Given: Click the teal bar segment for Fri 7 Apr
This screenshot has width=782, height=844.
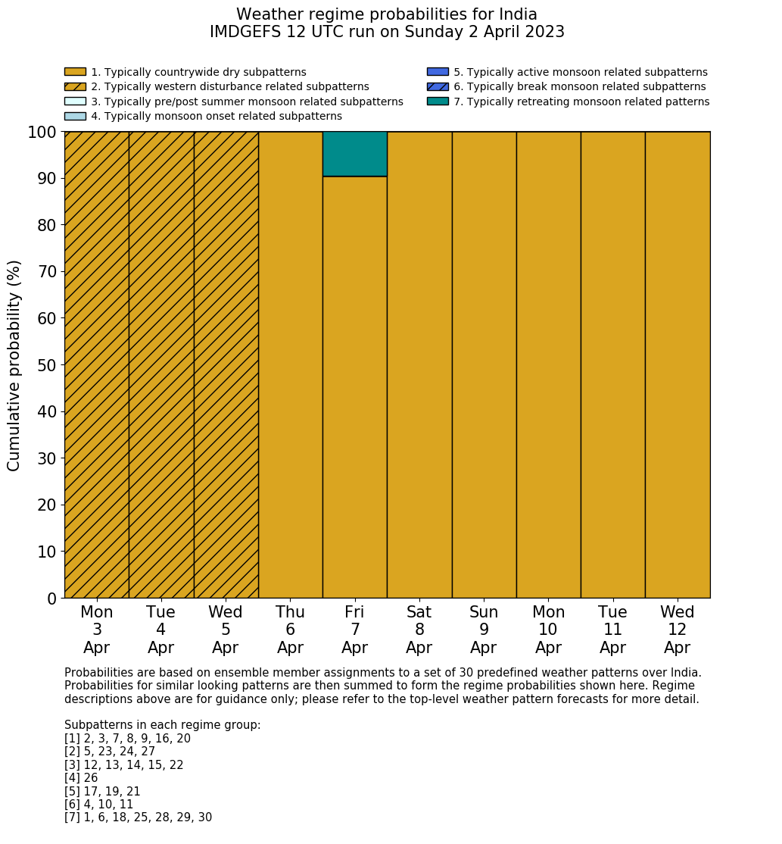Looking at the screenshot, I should pyautogui.click(x=355, y=154).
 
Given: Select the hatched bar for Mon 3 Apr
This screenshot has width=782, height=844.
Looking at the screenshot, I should pyautogui.click(x=96, y=364).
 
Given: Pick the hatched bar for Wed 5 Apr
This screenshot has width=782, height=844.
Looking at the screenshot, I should pyautogui.click(x=226, y=364).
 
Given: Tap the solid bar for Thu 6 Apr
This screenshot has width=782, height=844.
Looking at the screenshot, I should pyautogui.click(x=291, y=364).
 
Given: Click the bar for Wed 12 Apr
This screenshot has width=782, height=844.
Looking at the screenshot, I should pyautogui.click(x=678, y=364).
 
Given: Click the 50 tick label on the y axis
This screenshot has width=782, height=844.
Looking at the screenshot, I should pyautogui.click(x=47, y=365).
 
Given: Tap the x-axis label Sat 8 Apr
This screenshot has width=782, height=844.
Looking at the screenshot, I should pyautogui.click(x=419, y=630).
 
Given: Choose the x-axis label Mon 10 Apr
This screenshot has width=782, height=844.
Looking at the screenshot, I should pyautogui.click(x=549, y=630).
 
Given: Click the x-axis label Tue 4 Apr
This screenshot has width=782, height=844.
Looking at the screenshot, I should pyautogui.click(x=160, y=630).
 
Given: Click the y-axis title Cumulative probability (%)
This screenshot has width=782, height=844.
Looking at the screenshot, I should pyautogui.click(x=14, y=365).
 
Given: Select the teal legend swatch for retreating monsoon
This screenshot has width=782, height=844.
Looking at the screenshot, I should pyautogui.click(x=438, y=102).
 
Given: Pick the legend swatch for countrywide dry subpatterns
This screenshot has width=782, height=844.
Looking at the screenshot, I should pyautogui.click(x=75, y=72).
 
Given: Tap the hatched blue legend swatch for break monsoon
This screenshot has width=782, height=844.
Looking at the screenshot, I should pyautogui.click(x=438, y=87).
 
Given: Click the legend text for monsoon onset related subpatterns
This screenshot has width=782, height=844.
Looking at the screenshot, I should pyautogui.click(x=217, y=116).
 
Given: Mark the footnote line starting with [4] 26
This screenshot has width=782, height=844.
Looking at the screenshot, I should pyautogui.click(x=81, y=778).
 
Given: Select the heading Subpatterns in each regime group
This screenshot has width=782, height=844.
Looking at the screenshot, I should pyautogui.click(x=163, y=725).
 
